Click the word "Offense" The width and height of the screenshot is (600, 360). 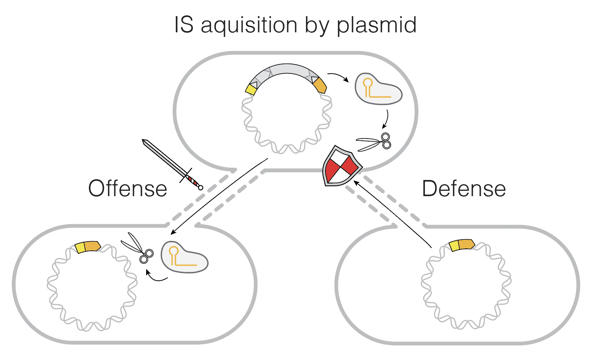(x=128, y=189)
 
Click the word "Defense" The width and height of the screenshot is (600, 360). (x=463, y=189)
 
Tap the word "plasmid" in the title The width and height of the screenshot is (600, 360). (x=377, y=25)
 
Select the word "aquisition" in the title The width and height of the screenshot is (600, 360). (x=249, y=25)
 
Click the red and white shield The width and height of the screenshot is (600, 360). (x=341, y=166)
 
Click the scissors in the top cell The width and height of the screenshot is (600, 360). (x=375, y=142)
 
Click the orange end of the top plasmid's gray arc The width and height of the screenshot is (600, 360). (x=320, y=87)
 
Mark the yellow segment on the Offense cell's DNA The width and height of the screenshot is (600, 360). (x=80, y=248)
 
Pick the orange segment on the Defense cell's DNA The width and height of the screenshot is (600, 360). (x=467, y=244)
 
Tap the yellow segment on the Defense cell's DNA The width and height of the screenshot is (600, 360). (x=454, y=246)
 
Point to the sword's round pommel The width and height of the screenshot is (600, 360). (x=200, y=187)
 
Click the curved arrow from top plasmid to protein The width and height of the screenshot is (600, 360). (x=338, y=76)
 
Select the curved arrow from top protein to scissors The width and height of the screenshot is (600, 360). (x=386, y=120)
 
